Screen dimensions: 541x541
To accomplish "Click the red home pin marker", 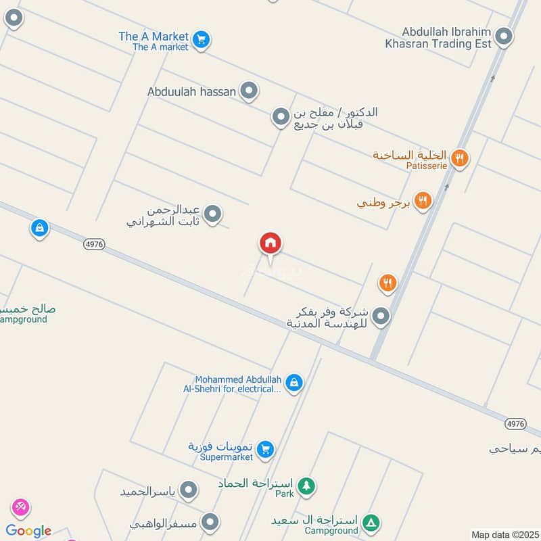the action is (x=270, y=243).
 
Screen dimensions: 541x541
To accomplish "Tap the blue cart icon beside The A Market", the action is (x=200, y=40).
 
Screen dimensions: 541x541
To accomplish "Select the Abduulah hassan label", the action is (x=191, y=91).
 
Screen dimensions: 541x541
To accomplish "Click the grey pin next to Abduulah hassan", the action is (x=250, y=91).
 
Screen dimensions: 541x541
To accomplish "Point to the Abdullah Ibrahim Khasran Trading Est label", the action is (x=447, y=37).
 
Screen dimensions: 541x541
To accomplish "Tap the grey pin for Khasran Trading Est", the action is (x=503, y=37).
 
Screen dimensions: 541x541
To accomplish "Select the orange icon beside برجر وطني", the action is (x=423, y=200).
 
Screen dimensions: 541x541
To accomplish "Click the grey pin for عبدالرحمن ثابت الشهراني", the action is (x=213, y=215).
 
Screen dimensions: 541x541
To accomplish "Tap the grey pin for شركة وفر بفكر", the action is (x=381, y=316).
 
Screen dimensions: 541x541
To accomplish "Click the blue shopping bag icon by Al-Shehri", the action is (x=293, y=383).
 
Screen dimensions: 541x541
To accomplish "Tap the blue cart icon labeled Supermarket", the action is (x=266, y=449).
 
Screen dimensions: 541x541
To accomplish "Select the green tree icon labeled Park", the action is (x=306, y=486).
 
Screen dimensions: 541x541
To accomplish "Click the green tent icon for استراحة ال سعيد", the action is (x=371, y=523).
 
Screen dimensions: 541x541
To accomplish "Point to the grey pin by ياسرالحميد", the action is (x=189, y=490).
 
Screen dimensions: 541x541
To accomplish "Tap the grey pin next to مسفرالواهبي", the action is (x=211, y=522).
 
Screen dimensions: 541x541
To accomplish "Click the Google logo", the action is (x=28, y=531).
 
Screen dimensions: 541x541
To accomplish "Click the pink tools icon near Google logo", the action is (x=20, y=507).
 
